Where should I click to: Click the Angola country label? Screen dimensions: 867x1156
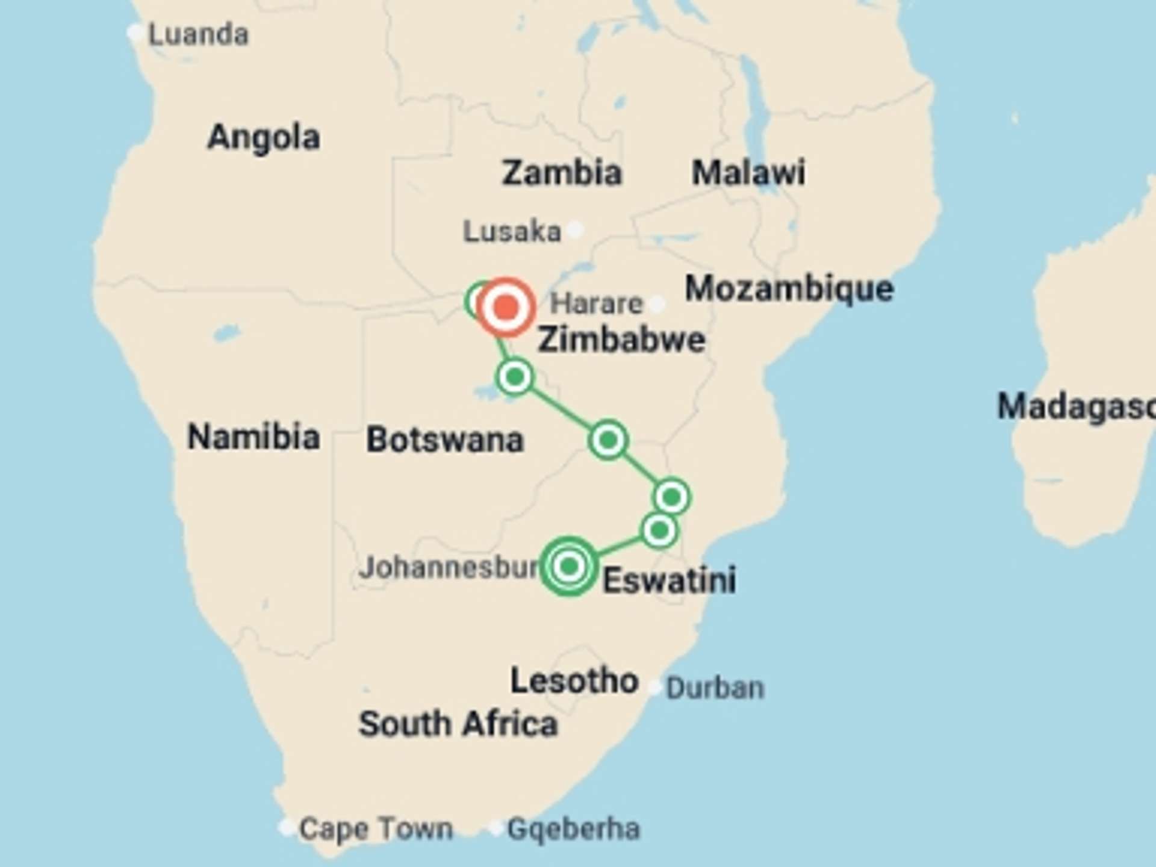point(263,138)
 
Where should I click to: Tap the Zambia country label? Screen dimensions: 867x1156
point(561,173)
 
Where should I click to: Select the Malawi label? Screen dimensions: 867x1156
point(748,173)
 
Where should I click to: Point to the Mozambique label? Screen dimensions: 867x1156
point(789,289)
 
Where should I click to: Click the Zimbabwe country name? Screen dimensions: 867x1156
point(621,340)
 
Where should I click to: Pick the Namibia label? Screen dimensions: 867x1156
point(253,437)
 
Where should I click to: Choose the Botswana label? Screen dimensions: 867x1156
point(445,440)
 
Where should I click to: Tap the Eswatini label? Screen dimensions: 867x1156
point(669,580)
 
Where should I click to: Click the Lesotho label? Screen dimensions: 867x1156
point(574,681)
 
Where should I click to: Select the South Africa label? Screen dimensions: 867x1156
point(458,724)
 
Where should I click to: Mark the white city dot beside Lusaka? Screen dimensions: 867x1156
point(576,229)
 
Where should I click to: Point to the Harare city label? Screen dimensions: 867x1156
point(596,303)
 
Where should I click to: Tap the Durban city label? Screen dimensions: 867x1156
point(715,688)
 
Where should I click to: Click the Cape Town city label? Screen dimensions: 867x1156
point(376,829)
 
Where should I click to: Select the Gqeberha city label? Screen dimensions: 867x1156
point(573,829)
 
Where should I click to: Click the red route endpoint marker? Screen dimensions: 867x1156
point(506,307)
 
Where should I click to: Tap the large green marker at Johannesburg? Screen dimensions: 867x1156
point(569,566)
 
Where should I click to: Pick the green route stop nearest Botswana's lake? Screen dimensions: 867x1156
point(515,378)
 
